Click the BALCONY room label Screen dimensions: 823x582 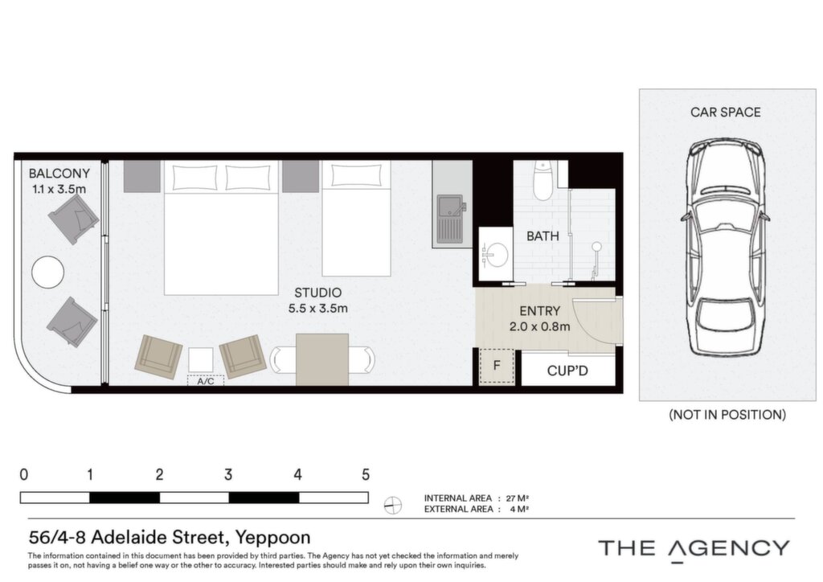[x=59, y=173]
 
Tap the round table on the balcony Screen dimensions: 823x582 [x=47, y=272]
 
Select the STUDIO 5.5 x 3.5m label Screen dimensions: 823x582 [x=317, y=300]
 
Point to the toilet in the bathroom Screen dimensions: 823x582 [x=543, y=181]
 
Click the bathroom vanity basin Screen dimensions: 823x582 [x=495, y=255]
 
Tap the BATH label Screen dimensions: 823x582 [x=543, y=236]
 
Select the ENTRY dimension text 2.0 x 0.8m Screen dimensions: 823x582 [x=539, y=326]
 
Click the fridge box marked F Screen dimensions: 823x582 [x=497, y=366]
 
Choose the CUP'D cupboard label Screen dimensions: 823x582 [x=567, y=371]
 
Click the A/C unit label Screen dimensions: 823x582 [x=206, y=381]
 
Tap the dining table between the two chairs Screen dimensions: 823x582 [x=322, y=359]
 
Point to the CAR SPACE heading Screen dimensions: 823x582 [x=726, y=112]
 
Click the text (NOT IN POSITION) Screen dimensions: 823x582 [x=727, y=415]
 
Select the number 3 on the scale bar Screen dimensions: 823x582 [x=227, y=475]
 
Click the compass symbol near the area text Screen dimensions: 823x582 [x=392, y=506]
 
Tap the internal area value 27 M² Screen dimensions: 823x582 [x=517, y=498]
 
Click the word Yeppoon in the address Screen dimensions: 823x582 [x=272, y=538]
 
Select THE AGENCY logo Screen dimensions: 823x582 [x=694, y=549]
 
